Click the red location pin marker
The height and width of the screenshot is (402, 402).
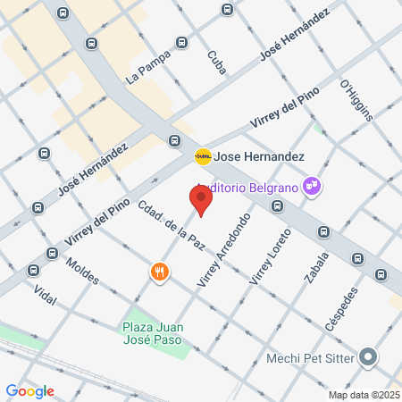point(200,200)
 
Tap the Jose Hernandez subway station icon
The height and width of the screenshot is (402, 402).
point(204,156)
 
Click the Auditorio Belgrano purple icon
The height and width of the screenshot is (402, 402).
point(313,186)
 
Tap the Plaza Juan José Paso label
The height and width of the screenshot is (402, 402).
point(154,332)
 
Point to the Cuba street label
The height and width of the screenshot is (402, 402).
point(216,62)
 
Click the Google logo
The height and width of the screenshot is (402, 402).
point(30,391)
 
